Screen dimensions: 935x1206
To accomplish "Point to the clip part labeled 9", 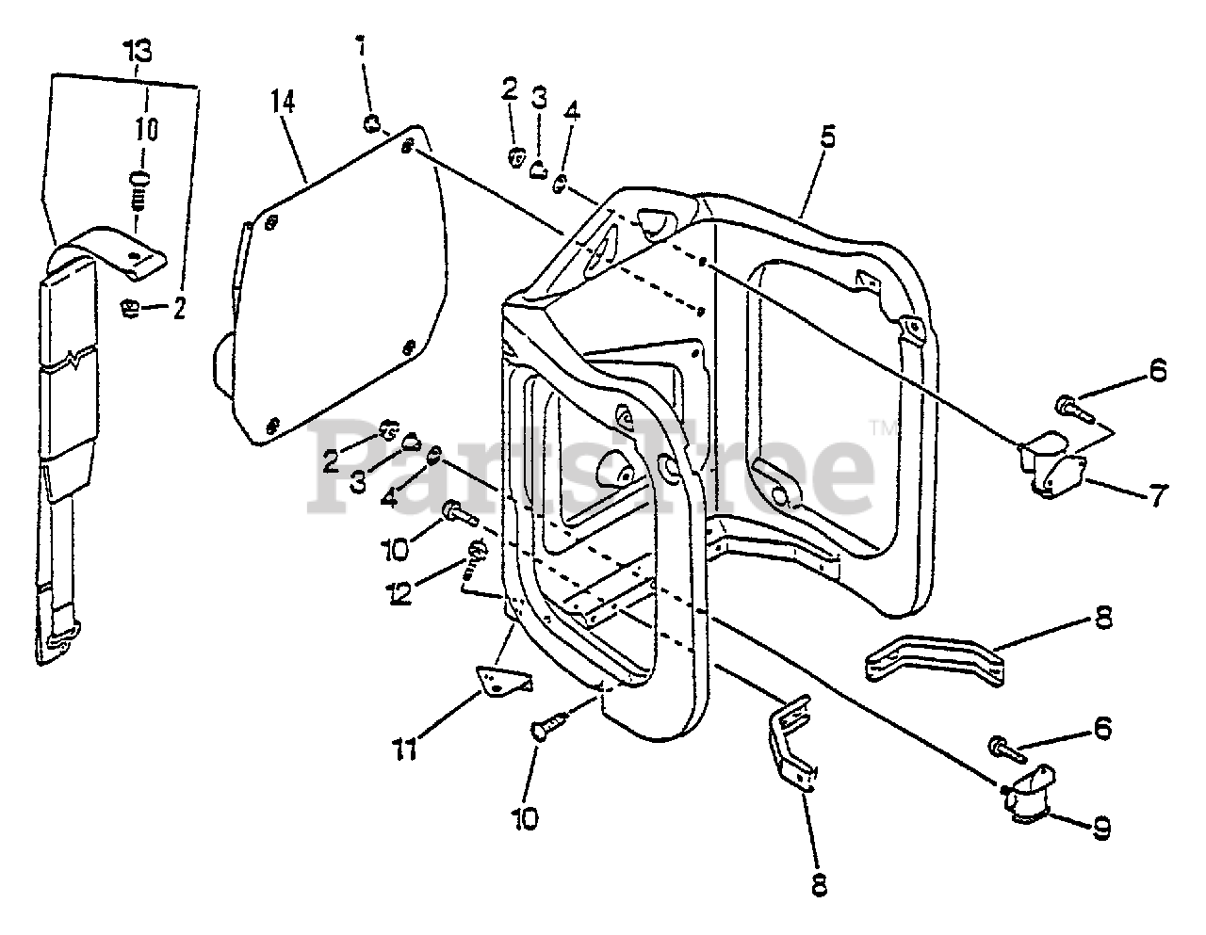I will coord(1028,793).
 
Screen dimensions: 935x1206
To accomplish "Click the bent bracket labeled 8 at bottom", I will coord(790,739).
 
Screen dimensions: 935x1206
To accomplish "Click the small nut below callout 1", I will coord(371,121).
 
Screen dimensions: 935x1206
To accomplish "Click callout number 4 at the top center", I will coord(573,114).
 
